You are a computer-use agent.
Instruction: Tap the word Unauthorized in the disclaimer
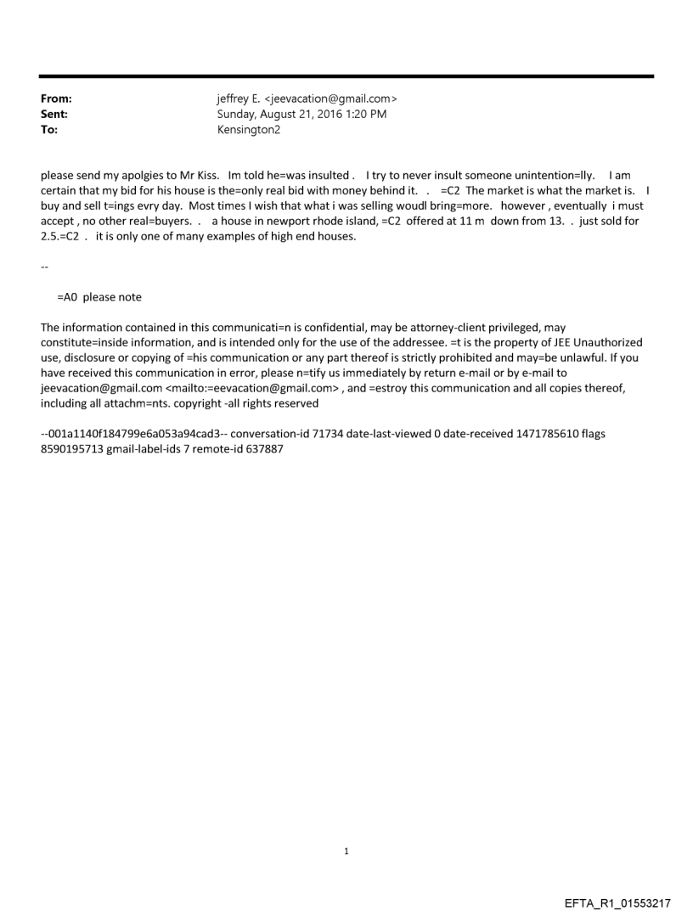pyautogui.click(x=604, y=342)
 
